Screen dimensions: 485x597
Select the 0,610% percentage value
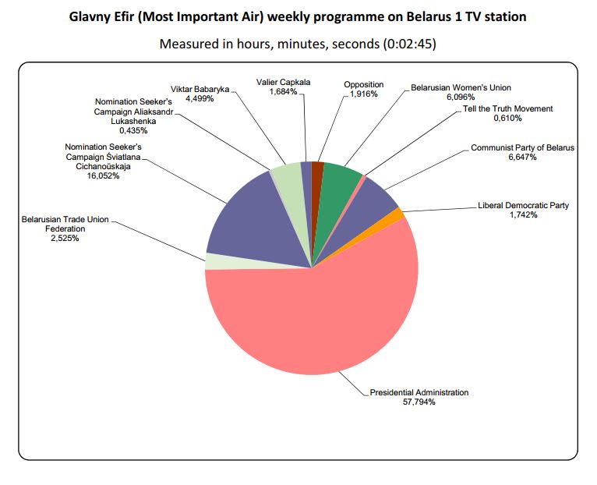pyautogui.click(x=507, y=119)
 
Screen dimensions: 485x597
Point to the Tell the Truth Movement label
pyautogui.click(x=507, y=108)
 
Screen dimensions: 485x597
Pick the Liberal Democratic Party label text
pyautogui.click(x=523, y=206)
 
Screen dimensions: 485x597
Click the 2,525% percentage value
pyautogui.click(x=65, y=239)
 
